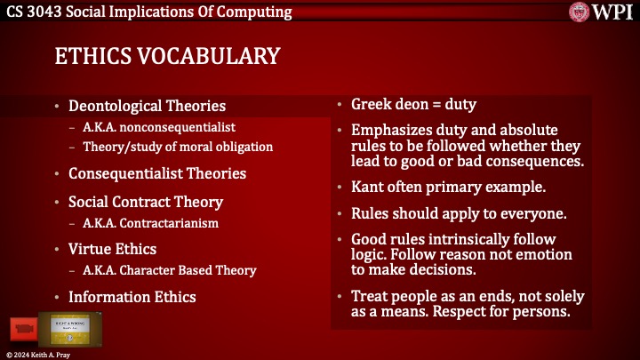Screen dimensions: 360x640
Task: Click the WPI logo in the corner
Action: click(603, 12)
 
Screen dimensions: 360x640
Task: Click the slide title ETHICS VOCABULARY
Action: click(167, 56)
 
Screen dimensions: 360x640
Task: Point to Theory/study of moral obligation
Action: click(178, 147)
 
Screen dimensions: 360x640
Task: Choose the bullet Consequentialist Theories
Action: click(156, 173)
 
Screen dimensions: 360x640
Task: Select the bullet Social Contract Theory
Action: click(146, 202)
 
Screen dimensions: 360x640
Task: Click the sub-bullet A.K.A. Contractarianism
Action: click(151, 223)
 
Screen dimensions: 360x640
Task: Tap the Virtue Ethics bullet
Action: click(112, 250)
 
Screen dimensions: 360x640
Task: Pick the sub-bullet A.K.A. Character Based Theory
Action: click(170, 270)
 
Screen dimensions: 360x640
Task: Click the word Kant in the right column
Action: click(367, 188)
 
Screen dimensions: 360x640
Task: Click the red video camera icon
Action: click(24, 330)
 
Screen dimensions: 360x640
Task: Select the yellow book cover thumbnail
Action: click(75, 330)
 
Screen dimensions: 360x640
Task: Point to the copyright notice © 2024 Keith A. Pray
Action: click(39, 354)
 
